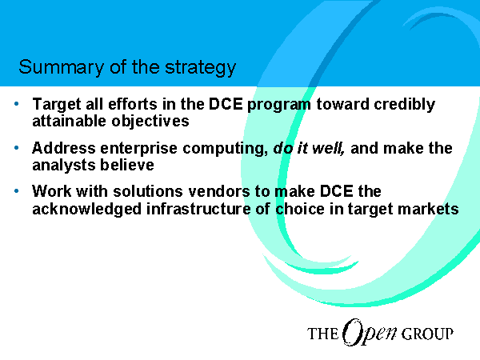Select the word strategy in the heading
(201, 67)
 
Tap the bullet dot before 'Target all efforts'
(17, 104)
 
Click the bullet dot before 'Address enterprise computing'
(17, 148)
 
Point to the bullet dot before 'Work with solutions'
(17, 191)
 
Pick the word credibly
(404, 105)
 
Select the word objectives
(150, 122)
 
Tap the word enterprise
(138, 149)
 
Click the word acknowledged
(87, 210)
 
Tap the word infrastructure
(198, 209)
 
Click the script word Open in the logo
(370, 333)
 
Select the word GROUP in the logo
(427, 334)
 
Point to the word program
(279, 105)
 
